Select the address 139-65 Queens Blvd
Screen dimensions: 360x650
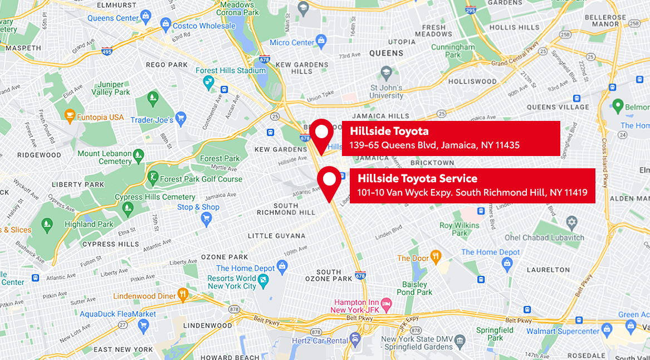point(434,145)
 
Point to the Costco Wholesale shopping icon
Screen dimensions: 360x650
point(165,25)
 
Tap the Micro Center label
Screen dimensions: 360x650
point(292,43)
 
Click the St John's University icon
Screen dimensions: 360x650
point(386,73)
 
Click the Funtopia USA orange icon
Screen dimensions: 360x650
point(70,116)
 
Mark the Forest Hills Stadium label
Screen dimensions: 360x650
point(231,71)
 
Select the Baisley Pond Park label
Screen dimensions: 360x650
point(415,288)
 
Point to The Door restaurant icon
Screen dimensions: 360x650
point(436,256)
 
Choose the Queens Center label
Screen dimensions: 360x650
point(113,18)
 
